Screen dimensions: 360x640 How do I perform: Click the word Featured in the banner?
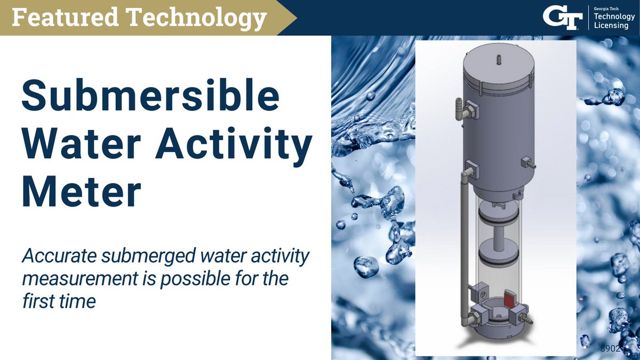click(x=63, y=18)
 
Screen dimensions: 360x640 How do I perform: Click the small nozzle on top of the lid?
click(x=499, y=58)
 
